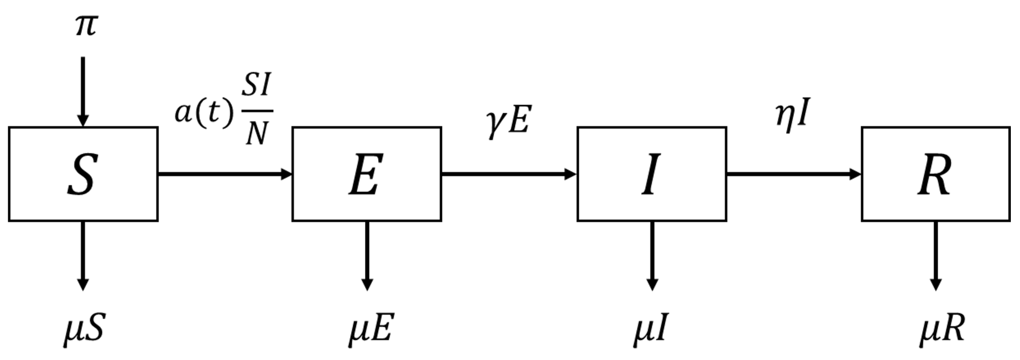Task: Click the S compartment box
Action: click(83, 174)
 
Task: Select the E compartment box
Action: click(367, 174)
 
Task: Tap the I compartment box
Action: click(651, 174)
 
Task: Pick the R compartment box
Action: click(935, 174)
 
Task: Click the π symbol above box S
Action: click(85, 26)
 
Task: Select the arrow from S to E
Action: click(225, 174)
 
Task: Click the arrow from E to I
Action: click(509, 174)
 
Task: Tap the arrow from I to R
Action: click(794, 174)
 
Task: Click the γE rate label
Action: click(508, 123)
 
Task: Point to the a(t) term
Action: click(204, 112)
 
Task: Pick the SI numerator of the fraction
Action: click(256, 85)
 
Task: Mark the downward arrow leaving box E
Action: click(367, 255)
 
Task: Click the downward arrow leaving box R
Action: click(935, 255)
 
